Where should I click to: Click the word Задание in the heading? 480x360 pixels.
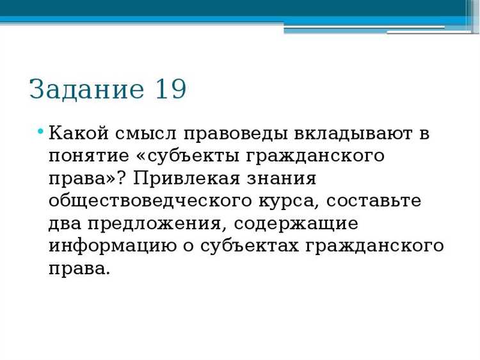[87, 89]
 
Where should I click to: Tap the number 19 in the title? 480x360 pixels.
[170, 89]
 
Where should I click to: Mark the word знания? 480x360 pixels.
[284, 178]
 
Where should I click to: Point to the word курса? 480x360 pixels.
[288, 200]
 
